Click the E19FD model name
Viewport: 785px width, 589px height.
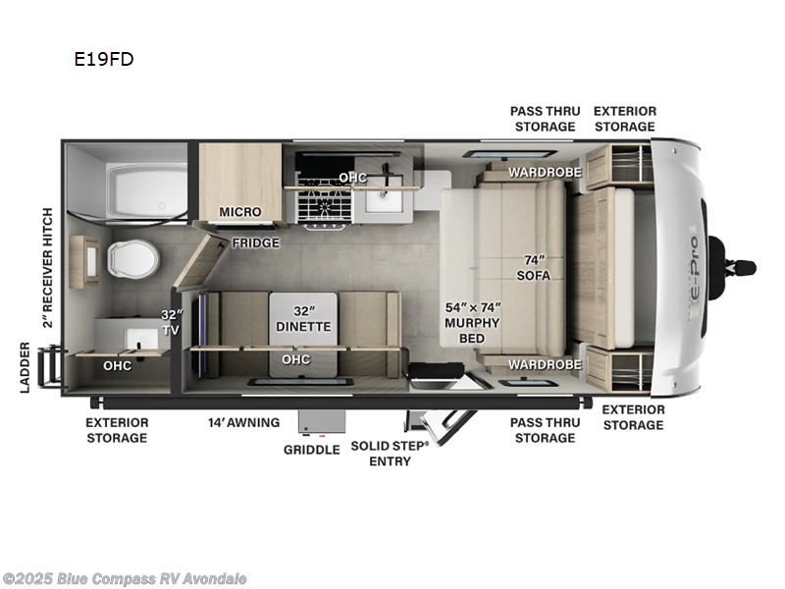tap(103, 59)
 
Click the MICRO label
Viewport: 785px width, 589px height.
tap(239, 212)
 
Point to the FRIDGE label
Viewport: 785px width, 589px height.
tap(256, 242)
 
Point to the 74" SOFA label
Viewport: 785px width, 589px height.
tap(535, 268)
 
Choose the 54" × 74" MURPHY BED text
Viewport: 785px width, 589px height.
tap(473, 322)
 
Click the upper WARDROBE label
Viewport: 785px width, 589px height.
tap(545, 173)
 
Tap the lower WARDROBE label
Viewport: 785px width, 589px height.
tap(545, 364)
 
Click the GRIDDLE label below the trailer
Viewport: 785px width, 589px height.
tap(311, 449)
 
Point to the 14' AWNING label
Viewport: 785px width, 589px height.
tap(243, 423)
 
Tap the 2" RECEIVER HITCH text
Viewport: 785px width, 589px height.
tap(46, 267)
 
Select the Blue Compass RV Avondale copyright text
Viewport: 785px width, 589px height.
tap(125, 579)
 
